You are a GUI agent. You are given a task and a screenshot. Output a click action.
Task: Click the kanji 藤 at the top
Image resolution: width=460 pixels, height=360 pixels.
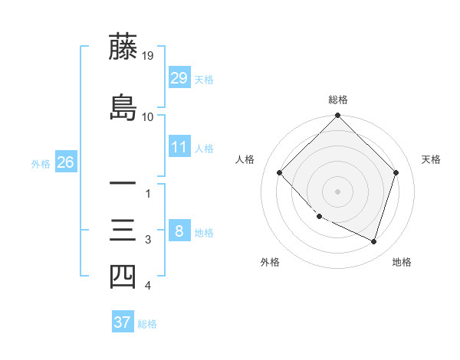tap(123, 47)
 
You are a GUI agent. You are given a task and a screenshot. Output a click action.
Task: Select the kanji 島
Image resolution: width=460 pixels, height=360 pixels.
tap(123, 106)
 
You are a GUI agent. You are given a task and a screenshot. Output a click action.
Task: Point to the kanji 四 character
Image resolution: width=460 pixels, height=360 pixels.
tap(123, 277)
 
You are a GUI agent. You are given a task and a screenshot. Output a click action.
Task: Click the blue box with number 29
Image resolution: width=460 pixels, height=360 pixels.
tap(179, 78)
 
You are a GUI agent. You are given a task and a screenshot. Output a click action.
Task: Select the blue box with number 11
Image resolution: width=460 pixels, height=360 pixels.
tap(179, 147)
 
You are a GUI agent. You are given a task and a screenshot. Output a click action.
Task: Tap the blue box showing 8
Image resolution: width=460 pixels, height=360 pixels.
tap(179, 231)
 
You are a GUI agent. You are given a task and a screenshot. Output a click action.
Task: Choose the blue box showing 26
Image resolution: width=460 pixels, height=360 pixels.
tap(65, 162)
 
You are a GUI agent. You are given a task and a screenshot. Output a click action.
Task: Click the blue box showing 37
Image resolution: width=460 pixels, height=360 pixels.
tap(123, 322)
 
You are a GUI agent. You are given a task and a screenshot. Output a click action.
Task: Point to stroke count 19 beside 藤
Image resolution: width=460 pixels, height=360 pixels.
tap(148, 56)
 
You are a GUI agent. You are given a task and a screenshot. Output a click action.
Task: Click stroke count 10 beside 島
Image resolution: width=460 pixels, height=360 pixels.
tap(148, 117)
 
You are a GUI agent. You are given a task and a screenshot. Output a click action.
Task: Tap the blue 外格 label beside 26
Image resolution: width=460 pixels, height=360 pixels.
tap(41, 163)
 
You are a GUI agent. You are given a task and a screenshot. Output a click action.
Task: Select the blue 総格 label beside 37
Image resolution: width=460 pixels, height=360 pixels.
tap(147, 323)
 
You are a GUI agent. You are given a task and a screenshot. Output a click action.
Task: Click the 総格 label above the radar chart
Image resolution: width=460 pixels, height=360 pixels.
tap(338, 100)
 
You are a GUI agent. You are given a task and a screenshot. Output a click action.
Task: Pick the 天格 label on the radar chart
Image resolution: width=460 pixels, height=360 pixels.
tap(431, 159)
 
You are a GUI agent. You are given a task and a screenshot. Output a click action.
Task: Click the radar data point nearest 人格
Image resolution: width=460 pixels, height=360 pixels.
tap(280, 172)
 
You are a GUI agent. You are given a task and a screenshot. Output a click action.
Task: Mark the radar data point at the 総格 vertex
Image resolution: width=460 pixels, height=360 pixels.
tap(337, 116)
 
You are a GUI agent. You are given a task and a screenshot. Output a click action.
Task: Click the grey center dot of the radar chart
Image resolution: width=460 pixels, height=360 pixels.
tap(337, 191)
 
